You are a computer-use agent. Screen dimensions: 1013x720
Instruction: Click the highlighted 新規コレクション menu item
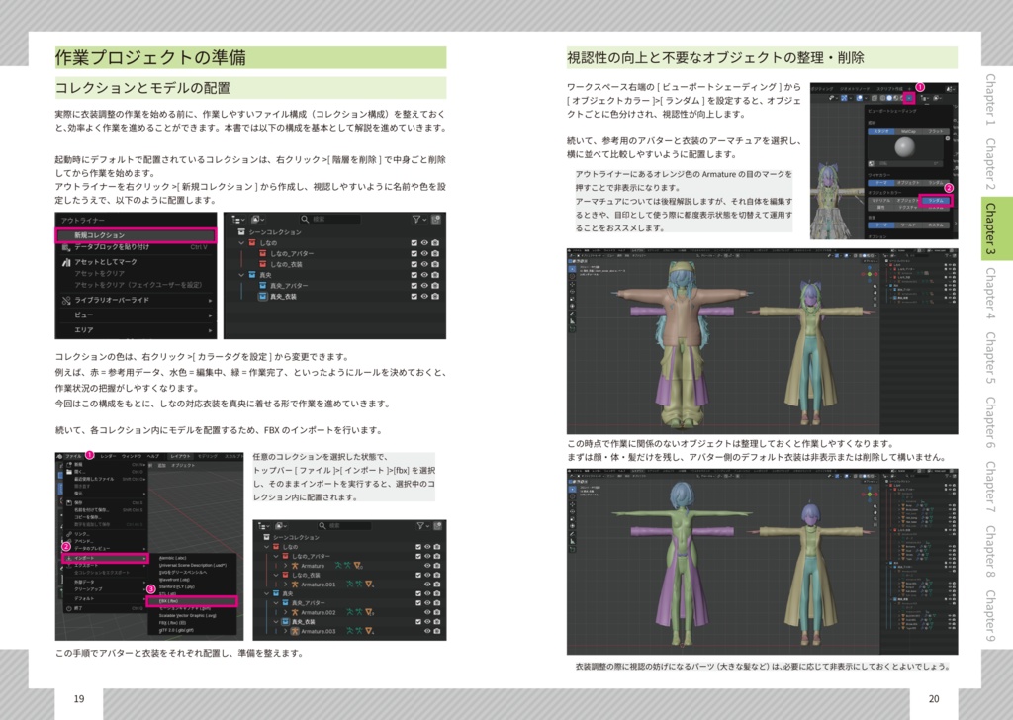pos(134,235)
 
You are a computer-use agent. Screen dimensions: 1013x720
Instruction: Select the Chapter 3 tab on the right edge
pos(990,227)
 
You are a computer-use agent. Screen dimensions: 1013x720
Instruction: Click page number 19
pos(78,699)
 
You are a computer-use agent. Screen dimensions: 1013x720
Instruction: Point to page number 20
pos(933,699)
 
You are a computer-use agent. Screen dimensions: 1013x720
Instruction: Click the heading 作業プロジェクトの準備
pos(150,57)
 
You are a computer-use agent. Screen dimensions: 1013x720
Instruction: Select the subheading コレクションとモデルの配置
pos(142,87)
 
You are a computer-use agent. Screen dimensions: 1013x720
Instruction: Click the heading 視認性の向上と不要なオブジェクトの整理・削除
pos(715,56)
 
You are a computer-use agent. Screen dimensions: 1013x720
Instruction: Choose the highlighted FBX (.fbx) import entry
pos(190,600)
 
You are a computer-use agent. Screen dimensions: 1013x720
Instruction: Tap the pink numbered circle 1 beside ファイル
pos(89,455)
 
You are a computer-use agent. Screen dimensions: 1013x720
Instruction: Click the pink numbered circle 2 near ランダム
pos(949,188)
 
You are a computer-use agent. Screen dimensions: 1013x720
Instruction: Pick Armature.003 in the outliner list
pos(319,630)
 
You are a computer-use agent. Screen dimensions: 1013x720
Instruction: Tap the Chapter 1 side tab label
pos(990,100)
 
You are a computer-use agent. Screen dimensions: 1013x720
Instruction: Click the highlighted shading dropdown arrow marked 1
pos(908,98)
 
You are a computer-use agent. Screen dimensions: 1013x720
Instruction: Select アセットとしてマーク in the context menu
pos(110,262)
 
